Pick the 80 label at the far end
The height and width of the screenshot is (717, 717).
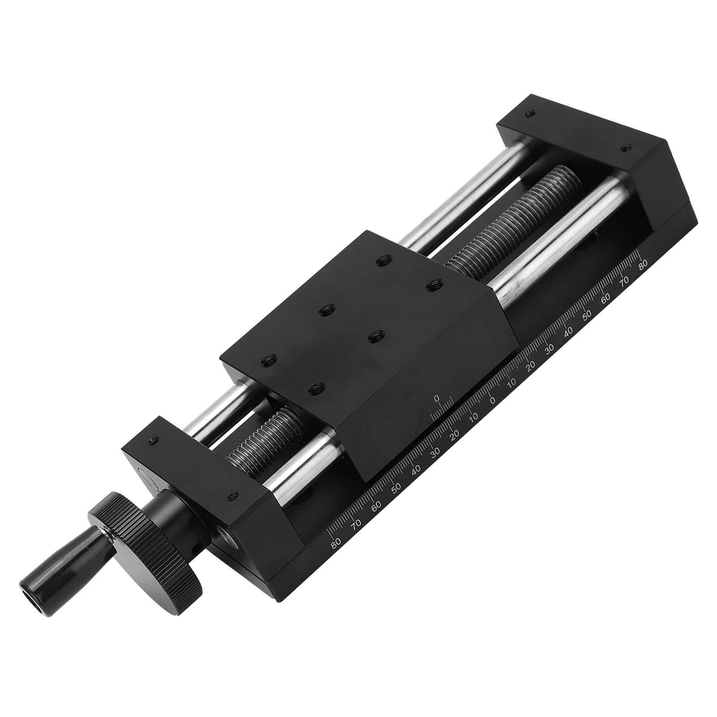click(x=644, y=265)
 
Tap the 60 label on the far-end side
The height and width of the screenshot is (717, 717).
click(x=605, y=297)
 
